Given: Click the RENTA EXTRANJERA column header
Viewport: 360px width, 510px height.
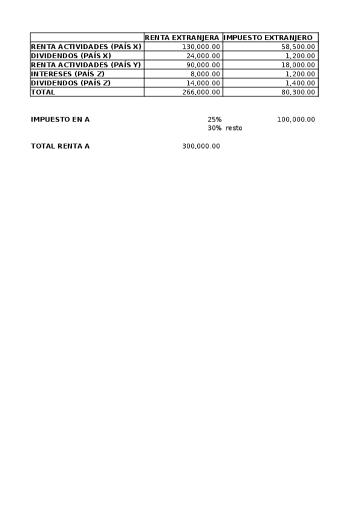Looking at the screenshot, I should tap(183, 37).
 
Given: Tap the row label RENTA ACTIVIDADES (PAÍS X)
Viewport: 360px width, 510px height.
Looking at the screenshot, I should tap(86, 47).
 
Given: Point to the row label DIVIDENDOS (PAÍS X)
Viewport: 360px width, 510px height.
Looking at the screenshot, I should tap(71, 55).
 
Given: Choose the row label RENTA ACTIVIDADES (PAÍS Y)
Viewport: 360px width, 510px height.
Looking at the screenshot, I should tap(86, 64).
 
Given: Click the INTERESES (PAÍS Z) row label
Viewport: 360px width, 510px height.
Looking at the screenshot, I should tap(68, 74).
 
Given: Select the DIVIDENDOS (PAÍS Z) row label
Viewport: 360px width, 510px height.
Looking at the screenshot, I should tap(71, 83).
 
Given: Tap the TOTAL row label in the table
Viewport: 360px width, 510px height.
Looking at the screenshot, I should tap(43, 92).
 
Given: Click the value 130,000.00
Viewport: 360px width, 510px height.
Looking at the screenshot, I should tap(201, 47).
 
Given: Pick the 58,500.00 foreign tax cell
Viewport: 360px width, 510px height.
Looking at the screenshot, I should tap(298, 47).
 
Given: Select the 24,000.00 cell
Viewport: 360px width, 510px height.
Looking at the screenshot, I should tap(203, 55).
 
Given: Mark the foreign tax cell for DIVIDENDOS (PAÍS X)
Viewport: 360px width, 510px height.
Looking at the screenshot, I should tap(301, 55).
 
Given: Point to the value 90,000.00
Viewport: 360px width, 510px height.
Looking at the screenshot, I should tap(203, 64).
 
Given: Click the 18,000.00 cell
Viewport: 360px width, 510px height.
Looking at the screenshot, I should tap(298, 64).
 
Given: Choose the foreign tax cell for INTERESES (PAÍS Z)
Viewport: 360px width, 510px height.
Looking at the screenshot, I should tap(301, 74).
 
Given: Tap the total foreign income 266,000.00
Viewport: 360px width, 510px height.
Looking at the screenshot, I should tap(201, 92).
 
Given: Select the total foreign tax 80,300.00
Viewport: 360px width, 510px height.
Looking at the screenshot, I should tap(298, 92).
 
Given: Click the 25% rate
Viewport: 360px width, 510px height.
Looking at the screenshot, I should tap(215, 119).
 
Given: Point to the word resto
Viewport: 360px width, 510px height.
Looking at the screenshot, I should tap(234, 128).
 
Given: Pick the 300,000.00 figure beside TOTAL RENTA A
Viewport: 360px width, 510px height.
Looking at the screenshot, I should tap(201, 146).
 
